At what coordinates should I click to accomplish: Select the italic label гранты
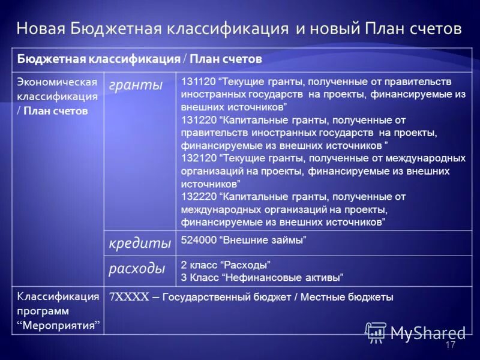click(136, 85)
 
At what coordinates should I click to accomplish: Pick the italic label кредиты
click(140, 244)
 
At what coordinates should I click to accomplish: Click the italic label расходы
click(137, 269)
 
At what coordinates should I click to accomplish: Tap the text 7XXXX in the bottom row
click(128, 296)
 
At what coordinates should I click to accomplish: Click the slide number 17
click(451, 345)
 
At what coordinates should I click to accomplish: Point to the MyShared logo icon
click(376, 331)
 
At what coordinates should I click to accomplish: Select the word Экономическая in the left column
click(57, 82)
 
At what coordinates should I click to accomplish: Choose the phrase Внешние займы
click(263, 241)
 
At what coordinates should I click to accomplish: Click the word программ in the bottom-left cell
click(43, 311)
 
